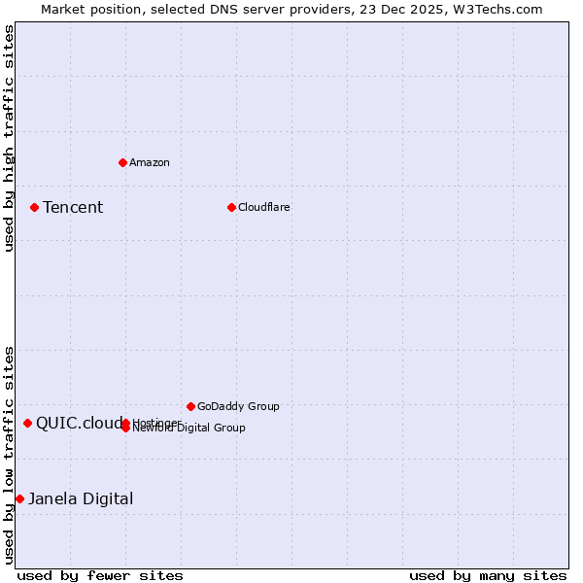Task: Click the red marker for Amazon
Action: click(x=122, y=162)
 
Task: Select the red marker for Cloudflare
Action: click(x=231, y=207)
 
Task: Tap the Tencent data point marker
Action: click(x=34, y=207)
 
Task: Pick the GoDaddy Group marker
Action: click(x=190, y=406)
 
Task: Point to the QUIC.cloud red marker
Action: click(x=27, y=423)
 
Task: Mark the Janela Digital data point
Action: click(x=19, y=498)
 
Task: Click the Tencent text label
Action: click(x=73, y=207)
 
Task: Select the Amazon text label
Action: click(x=150, y=162)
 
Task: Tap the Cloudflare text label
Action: click(x=264, y=207)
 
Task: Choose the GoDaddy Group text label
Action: click(x=238, y=406)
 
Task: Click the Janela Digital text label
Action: click(x=81, y=498)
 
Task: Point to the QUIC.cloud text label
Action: click(x=79, y=423)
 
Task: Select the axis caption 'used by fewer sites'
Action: click(x=100, y=576)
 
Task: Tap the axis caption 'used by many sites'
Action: click(x=488, y=576)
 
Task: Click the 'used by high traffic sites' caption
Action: click(x=9, y=138)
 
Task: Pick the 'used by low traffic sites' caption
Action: click(x=9, y=454)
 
